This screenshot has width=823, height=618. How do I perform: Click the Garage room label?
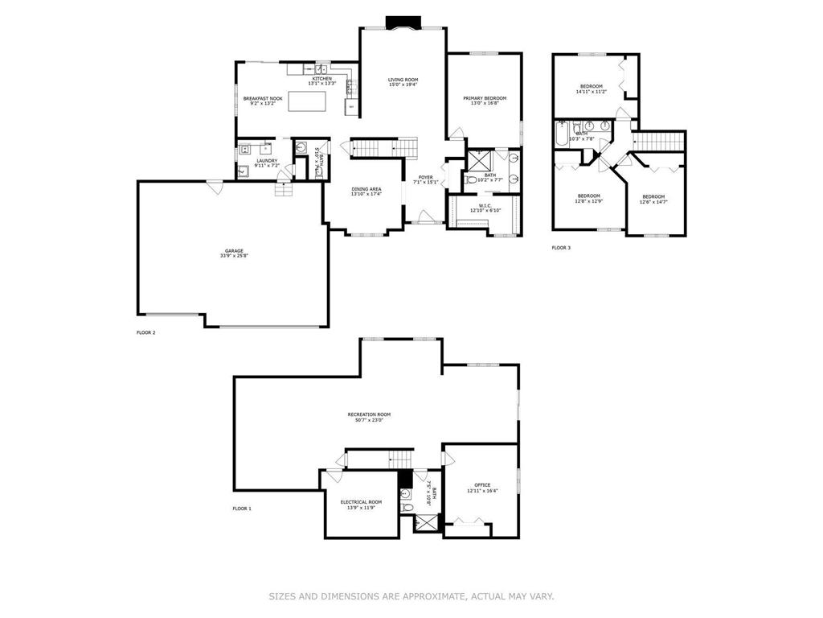point(234,253)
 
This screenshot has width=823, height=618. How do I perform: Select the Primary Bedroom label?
point(485,100)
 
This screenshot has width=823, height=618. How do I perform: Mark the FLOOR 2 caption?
point(146,332)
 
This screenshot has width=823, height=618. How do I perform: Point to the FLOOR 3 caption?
point(561,248)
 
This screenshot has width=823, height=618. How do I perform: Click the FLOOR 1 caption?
point(242,509)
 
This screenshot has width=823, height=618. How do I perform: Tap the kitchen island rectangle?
point(307,101)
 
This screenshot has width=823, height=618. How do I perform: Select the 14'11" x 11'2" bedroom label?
point(591,89)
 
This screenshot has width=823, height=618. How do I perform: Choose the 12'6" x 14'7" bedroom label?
point(653,199)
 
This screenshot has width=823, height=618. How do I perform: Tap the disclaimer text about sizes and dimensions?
point(411,596)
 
